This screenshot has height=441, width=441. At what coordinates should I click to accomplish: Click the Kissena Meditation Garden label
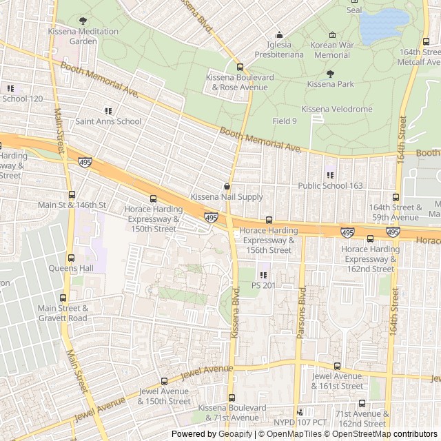tap(83, 36)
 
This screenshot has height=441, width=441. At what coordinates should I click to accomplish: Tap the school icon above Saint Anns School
tap(108, 111)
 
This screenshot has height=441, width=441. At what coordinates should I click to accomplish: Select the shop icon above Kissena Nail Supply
tap(227, 186)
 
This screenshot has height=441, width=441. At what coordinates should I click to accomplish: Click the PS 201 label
tap(263, 285)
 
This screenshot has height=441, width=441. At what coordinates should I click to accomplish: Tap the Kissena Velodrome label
tap(337, 109)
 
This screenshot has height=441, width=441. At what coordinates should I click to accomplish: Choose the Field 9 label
tap(285, 121)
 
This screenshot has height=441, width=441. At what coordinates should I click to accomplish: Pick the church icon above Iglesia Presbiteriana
tap(279, 35)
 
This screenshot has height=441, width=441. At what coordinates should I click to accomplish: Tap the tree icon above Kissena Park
tap(330, 74)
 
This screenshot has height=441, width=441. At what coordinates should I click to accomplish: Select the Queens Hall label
tap(66, 268)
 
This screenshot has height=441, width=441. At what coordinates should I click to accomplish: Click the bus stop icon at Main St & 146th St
tap(72, 195)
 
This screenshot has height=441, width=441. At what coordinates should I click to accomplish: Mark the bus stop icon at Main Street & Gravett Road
tap(63, 298)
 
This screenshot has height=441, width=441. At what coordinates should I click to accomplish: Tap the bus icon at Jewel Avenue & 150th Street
tap(164, 381)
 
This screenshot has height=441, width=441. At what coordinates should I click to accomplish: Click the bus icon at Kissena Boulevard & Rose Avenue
tap(240, 67)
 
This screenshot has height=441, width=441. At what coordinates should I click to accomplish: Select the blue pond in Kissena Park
tap(383, 26)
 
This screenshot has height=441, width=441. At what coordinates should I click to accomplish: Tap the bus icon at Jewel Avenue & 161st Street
tap(337, 366)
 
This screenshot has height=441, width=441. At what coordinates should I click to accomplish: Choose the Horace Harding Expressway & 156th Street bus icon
tap(269, 220)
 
